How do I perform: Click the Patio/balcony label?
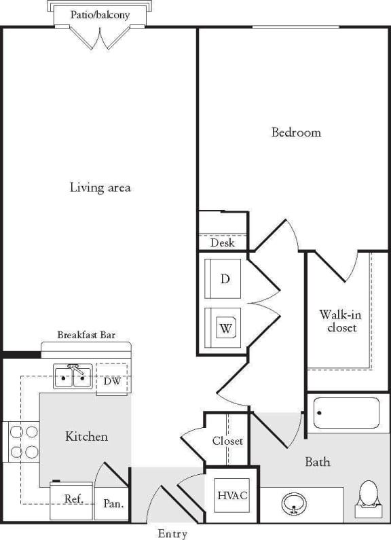100,14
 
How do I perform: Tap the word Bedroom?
296,132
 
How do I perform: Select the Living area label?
100,187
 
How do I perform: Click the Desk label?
222,242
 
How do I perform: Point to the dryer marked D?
223,278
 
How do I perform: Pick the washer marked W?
223,327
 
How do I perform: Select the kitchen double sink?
73,376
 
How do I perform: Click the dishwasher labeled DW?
112,380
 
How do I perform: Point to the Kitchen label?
86,436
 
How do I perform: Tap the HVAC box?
231,494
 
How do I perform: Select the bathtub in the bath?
346,412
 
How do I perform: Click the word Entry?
172,533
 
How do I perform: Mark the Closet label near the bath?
227,441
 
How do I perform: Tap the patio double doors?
100,38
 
